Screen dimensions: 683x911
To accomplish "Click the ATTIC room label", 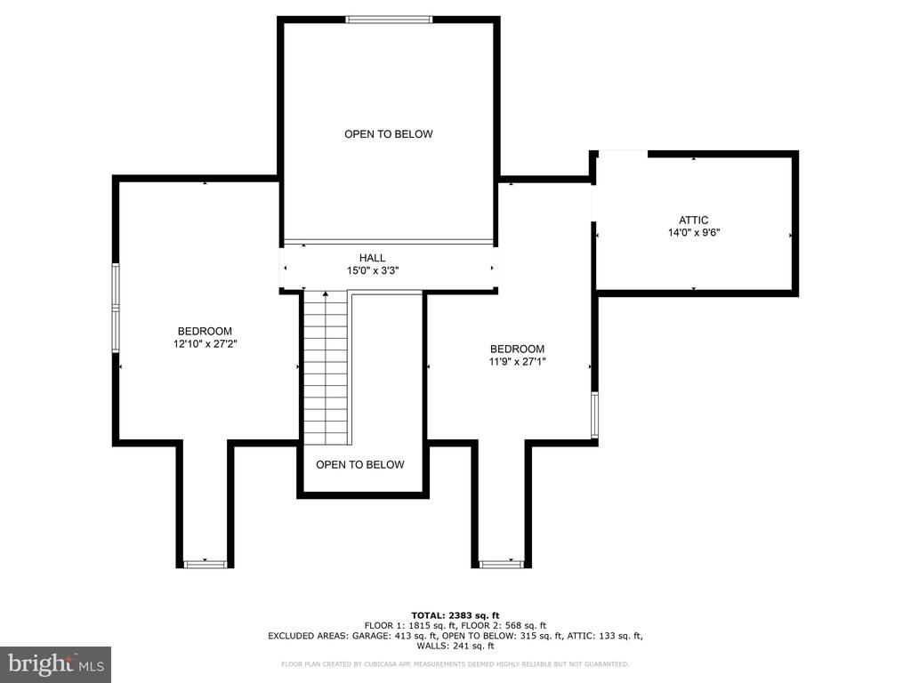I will coord(693,221).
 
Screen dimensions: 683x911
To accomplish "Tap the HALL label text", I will coord(373,258).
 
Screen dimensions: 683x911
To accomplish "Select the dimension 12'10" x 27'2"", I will coord(205,343).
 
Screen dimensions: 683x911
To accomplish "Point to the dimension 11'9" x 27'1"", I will coord(517,361).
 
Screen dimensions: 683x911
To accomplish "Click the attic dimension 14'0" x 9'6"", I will coord(693,233).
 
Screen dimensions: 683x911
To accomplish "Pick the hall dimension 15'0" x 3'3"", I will coord(373,270).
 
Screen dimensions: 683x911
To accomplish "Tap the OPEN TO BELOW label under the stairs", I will coord(359,464).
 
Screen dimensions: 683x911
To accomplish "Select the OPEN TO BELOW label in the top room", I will coord(389,134).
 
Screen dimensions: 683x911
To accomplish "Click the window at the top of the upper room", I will coord(389,20).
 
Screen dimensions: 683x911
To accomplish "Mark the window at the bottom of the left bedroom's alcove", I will coord(205,563).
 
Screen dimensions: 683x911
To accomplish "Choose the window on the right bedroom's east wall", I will coord(594,415).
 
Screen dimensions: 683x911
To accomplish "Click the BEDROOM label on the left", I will coord(205,331).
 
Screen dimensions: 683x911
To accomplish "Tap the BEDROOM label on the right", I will coord(517,349).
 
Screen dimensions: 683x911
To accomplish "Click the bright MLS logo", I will coord(55,664).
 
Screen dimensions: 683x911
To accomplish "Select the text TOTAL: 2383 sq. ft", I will coord(455,615).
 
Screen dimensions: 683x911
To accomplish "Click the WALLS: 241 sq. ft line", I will coord(455,646).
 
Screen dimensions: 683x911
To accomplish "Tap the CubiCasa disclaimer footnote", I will coord(455,664).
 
